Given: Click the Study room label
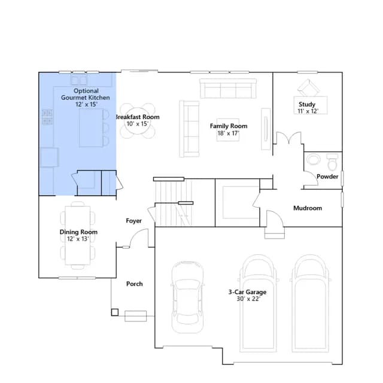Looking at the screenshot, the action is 307,104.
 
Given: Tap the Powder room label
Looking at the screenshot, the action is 327,177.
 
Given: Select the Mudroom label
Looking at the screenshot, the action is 308,208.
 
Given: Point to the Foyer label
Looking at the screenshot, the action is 133,221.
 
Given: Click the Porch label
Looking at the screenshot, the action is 134,284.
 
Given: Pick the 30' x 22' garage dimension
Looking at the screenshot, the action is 248,299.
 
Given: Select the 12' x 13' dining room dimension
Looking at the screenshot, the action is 78,239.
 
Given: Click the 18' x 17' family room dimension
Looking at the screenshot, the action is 228,133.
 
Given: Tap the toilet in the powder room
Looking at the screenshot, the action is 332,162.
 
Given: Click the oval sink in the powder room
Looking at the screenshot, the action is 314,160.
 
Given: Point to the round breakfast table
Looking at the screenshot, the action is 138,121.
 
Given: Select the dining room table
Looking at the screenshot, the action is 78,235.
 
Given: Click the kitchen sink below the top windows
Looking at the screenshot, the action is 79,80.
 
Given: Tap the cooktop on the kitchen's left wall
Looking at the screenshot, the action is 47,117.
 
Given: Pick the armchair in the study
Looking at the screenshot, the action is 308,88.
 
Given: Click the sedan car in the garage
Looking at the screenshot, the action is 187,297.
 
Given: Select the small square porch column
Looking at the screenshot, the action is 115,312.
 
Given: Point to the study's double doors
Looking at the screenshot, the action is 288,138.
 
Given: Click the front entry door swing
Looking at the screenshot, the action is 138,238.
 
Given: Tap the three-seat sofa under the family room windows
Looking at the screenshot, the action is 228,89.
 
